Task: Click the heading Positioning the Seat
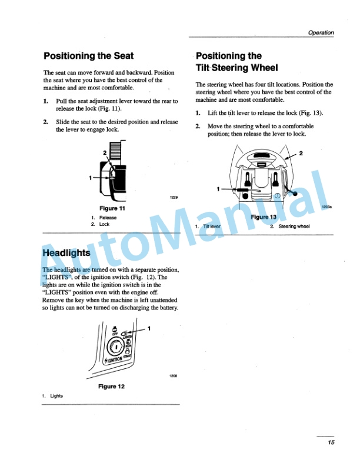pyautogui.click(x=86, y=56)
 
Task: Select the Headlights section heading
pyautogui.click(x=66, y=252)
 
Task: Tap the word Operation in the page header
pyautogui.click(x=321, y=33)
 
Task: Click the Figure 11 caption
pyautogui.click(x=112, y=208)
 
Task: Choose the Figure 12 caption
pyautogui.click(x=112, y=387)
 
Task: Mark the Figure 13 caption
pyautogui.click(x=264, y=217)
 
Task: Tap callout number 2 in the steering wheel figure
pyautogui.click(x=301, y=154)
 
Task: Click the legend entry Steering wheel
pyautogui.click(x=294, y=226)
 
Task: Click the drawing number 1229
pyautogui.click(x=174, y=197)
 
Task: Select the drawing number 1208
pyautogui.click(x=174, y=375)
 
